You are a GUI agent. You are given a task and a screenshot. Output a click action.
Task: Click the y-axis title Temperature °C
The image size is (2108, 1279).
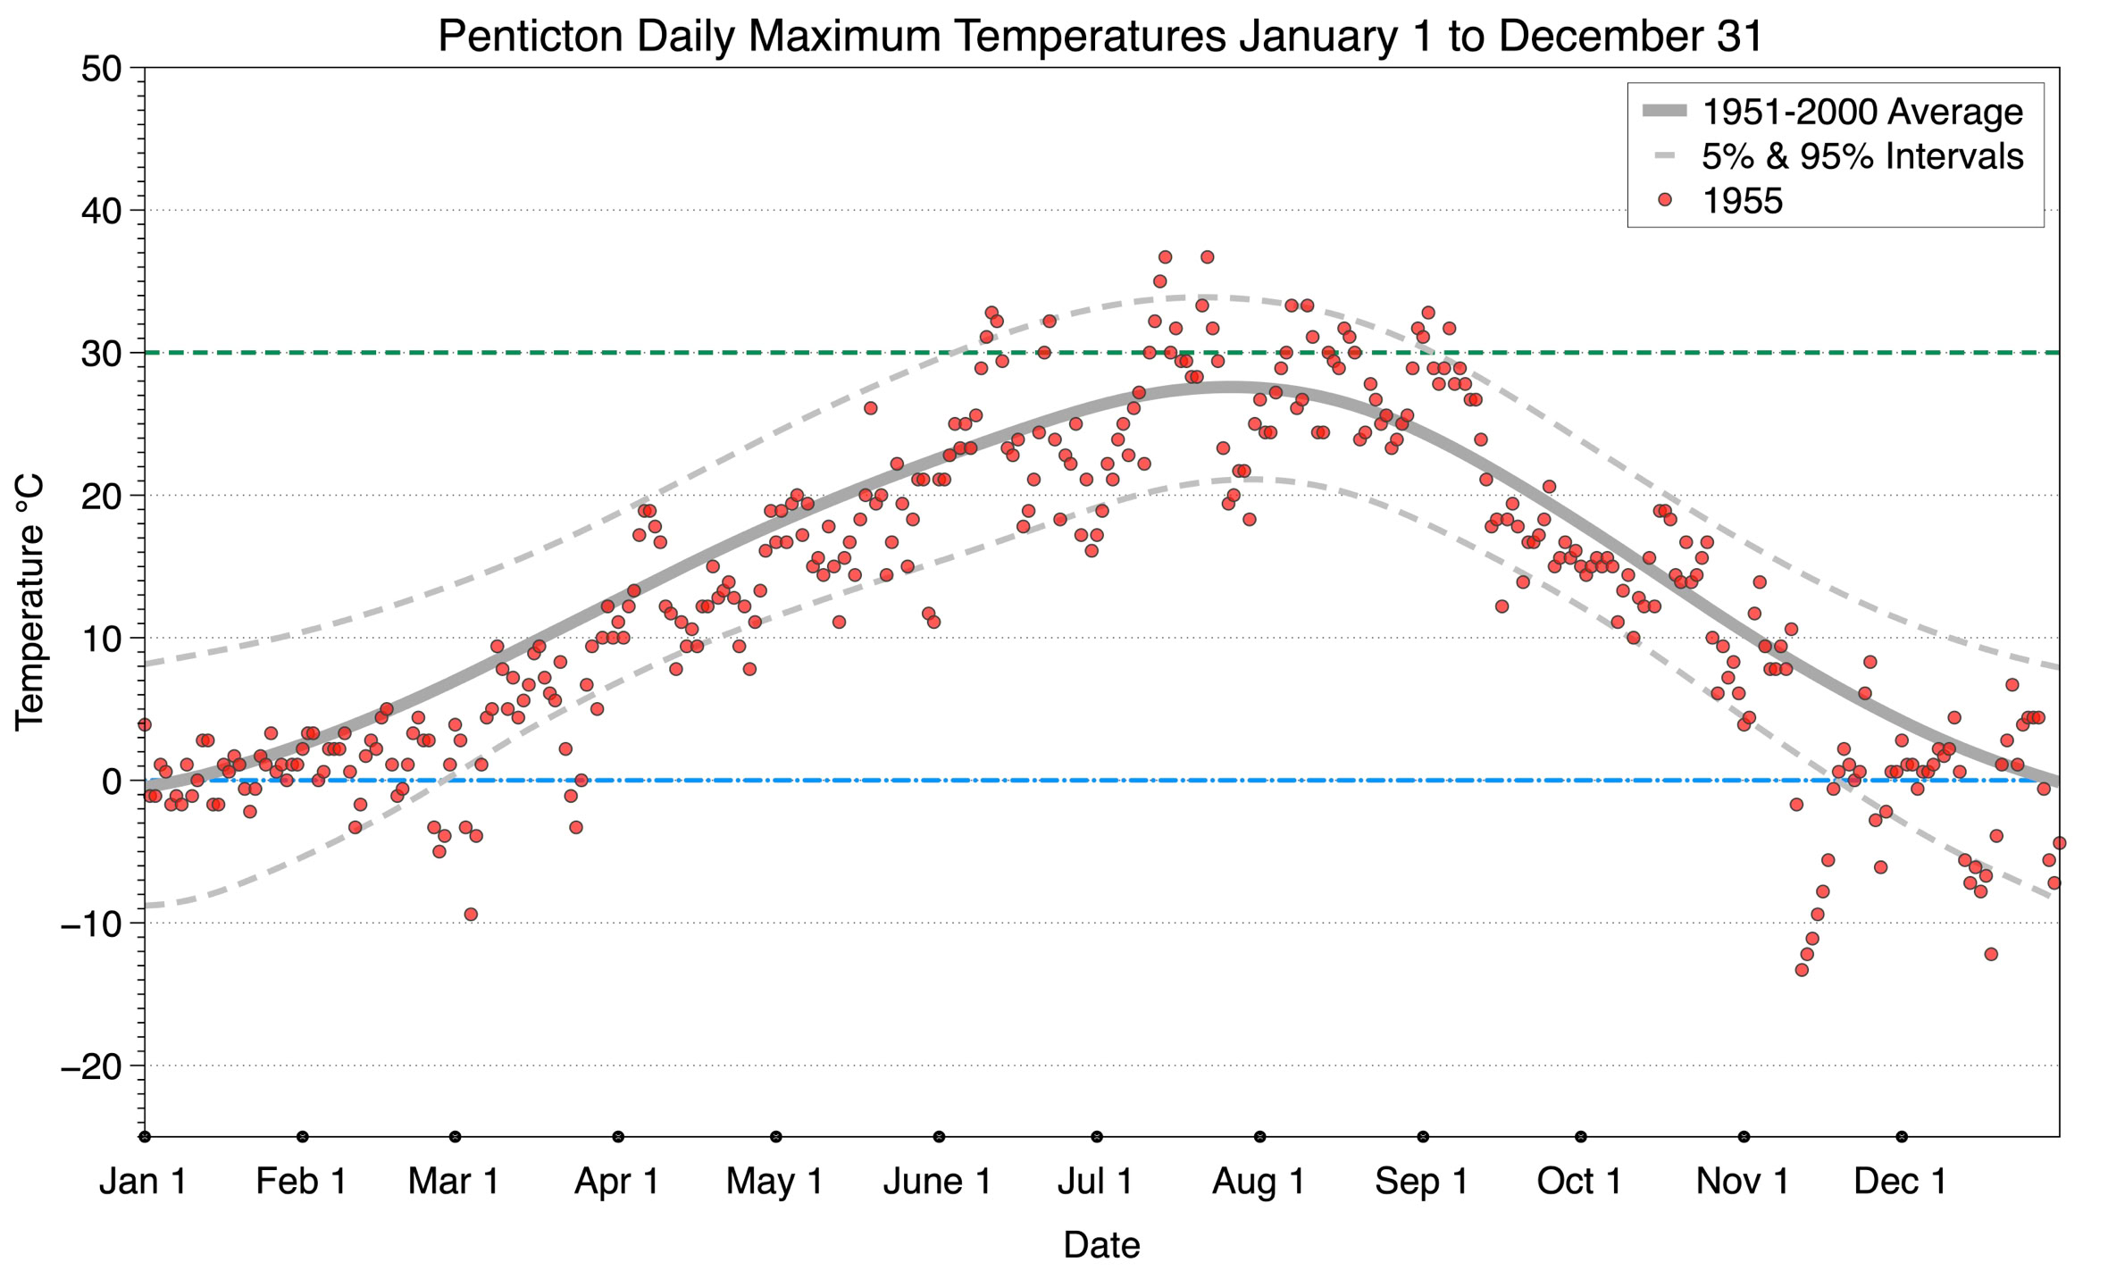coord(29,603)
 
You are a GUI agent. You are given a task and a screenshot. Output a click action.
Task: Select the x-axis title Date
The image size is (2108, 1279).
coord(1101,1245)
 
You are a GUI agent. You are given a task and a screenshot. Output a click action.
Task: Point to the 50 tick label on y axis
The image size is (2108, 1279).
coord(100,69)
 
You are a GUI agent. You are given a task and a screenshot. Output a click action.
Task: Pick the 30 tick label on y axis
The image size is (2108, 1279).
coord(100,354)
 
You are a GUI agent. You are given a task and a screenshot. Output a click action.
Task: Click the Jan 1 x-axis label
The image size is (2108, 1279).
coord(143,1182)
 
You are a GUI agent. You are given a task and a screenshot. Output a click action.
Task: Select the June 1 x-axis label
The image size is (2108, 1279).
coord(937,1182)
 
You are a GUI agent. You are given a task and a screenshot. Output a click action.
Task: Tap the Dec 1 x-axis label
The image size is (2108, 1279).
coord(1900,1182)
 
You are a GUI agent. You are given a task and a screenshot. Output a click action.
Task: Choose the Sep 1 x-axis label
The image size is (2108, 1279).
coord(1421,1182)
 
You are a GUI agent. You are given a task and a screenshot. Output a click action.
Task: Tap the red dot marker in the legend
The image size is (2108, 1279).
coord(1664,200)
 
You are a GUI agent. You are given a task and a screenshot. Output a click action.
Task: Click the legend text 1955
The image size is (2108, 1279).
coord(1742,201)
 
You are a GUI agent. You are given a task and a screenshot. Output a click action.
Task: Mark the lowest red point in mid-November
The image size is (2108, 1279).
coord(1802,970)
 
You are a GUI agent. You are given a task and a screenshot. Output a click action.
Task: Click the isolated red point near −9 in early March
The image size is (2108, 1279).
coord(471,914)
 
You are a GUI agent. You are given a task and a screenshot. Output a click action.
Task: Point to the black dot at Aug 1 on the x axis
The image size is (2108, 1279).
coord(1259,1137)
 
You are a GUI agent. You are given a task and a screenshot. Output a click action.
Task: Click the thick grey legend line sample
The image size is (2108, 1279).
coord(1664,112)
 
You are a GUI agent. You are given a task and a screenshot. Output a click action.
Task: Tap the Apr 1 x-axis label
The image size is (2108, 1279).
coord(616,1182)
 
